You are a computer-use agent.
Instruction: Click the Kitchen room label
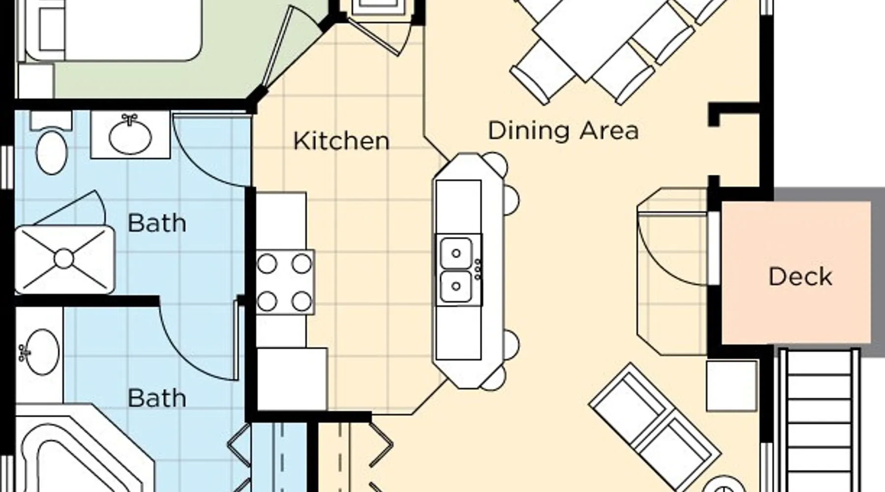[341, 141]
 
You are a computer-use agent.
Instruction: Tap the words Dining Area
[563, 130]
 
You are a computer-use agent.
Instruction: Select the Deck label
[800, 277]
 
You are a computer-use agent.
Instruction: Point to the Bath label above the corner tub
[157, 398]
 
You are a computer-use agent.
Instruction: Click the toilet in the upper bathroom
[51, 143]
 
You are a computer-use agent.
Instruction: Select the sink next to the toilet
[130, 134]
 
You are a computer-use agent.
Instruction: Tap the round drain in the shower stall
[63, 259]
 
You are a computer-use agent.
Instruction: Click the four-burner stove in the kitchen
[285, 282]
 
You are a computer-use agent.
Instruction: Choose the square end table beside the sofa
[732, 386]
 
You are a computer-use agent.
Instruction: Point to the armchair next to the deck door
[673, 271]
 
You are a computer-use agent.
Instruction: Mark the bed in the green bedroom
[111, 30]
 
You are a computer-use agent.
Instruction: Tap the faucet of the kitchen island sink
[477, 270]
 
